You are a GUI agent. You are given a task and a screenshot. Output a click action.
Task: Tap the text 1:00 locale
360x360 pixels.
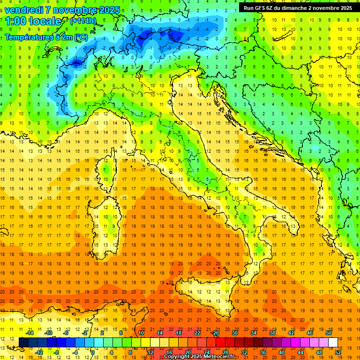[x=34, y=22]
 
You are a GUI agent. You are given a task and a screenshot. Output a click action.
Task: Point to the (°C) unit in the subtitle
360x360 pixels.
[x=81, y=37]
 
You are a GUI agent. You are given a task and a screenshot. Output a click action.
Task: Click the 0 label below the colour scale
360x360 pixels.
[x=93, y=352]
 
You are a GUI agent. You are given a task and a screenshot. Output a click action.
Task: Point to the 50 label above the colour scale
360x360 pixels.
[x=329, y=333]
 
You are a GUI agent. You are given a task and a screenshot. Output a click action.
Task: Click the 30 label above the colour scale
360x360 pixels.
[x=234, y=333]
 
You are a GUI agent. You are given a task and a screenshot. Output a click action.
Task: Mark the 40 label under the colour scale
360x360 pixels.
[x=282, y=352]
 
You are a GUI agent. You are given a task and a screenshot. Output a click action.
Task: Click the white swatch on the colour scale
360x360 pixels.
[x=333, y=343]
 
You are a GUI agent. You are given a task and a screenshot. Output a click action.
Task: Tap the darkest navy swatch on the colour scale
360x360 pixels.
[x=23, y=343]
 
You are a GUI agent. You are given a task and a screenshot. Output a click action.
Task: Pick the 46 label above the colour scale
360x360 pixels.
[x=310, y=333]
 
